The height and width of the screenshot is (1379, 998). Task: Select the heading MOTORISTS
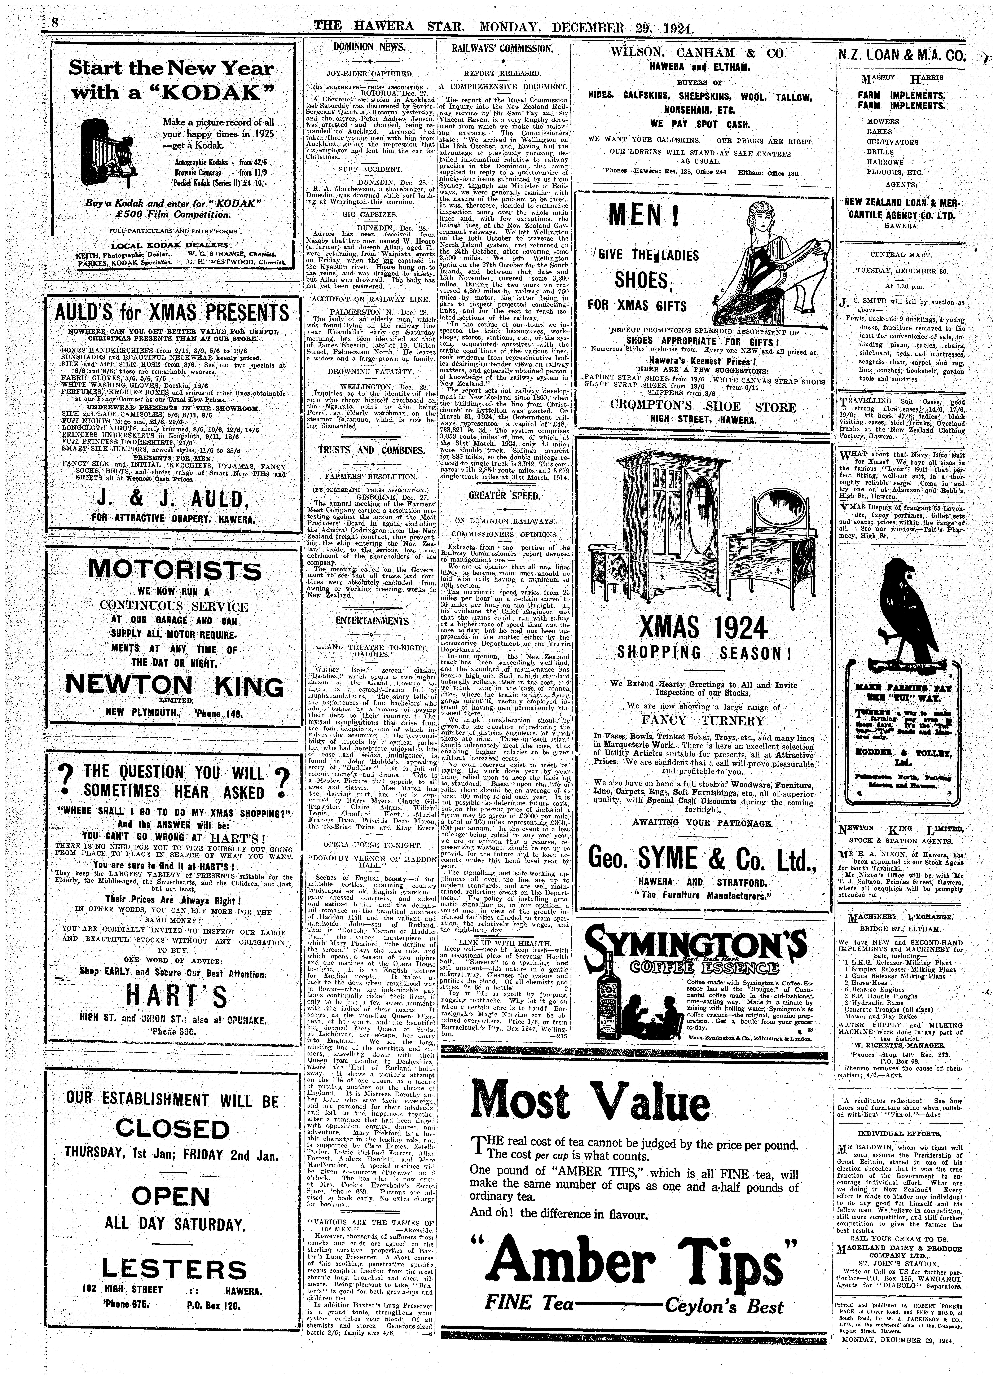(175, 570)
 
